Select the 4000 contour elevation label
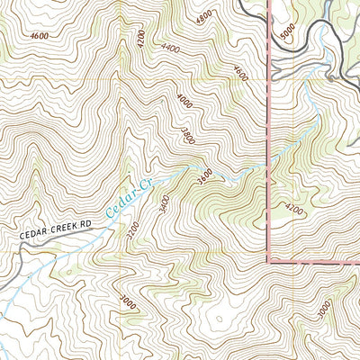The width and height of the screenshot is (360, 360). pyautogui.click(x=184, y=101)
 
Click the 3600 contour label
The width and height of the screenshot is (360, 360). pyautogui.click(x=206, y=171)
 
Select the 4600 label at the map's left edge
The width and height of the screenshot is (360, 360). pyautogui.click(x=38, y=36)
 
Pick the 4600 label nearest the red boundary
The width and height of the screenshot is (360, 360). pyautogui.click(x=239, y=71)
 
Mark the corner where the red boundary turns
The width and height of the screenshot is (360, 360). pyautogui.click(x=270, y=260)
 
